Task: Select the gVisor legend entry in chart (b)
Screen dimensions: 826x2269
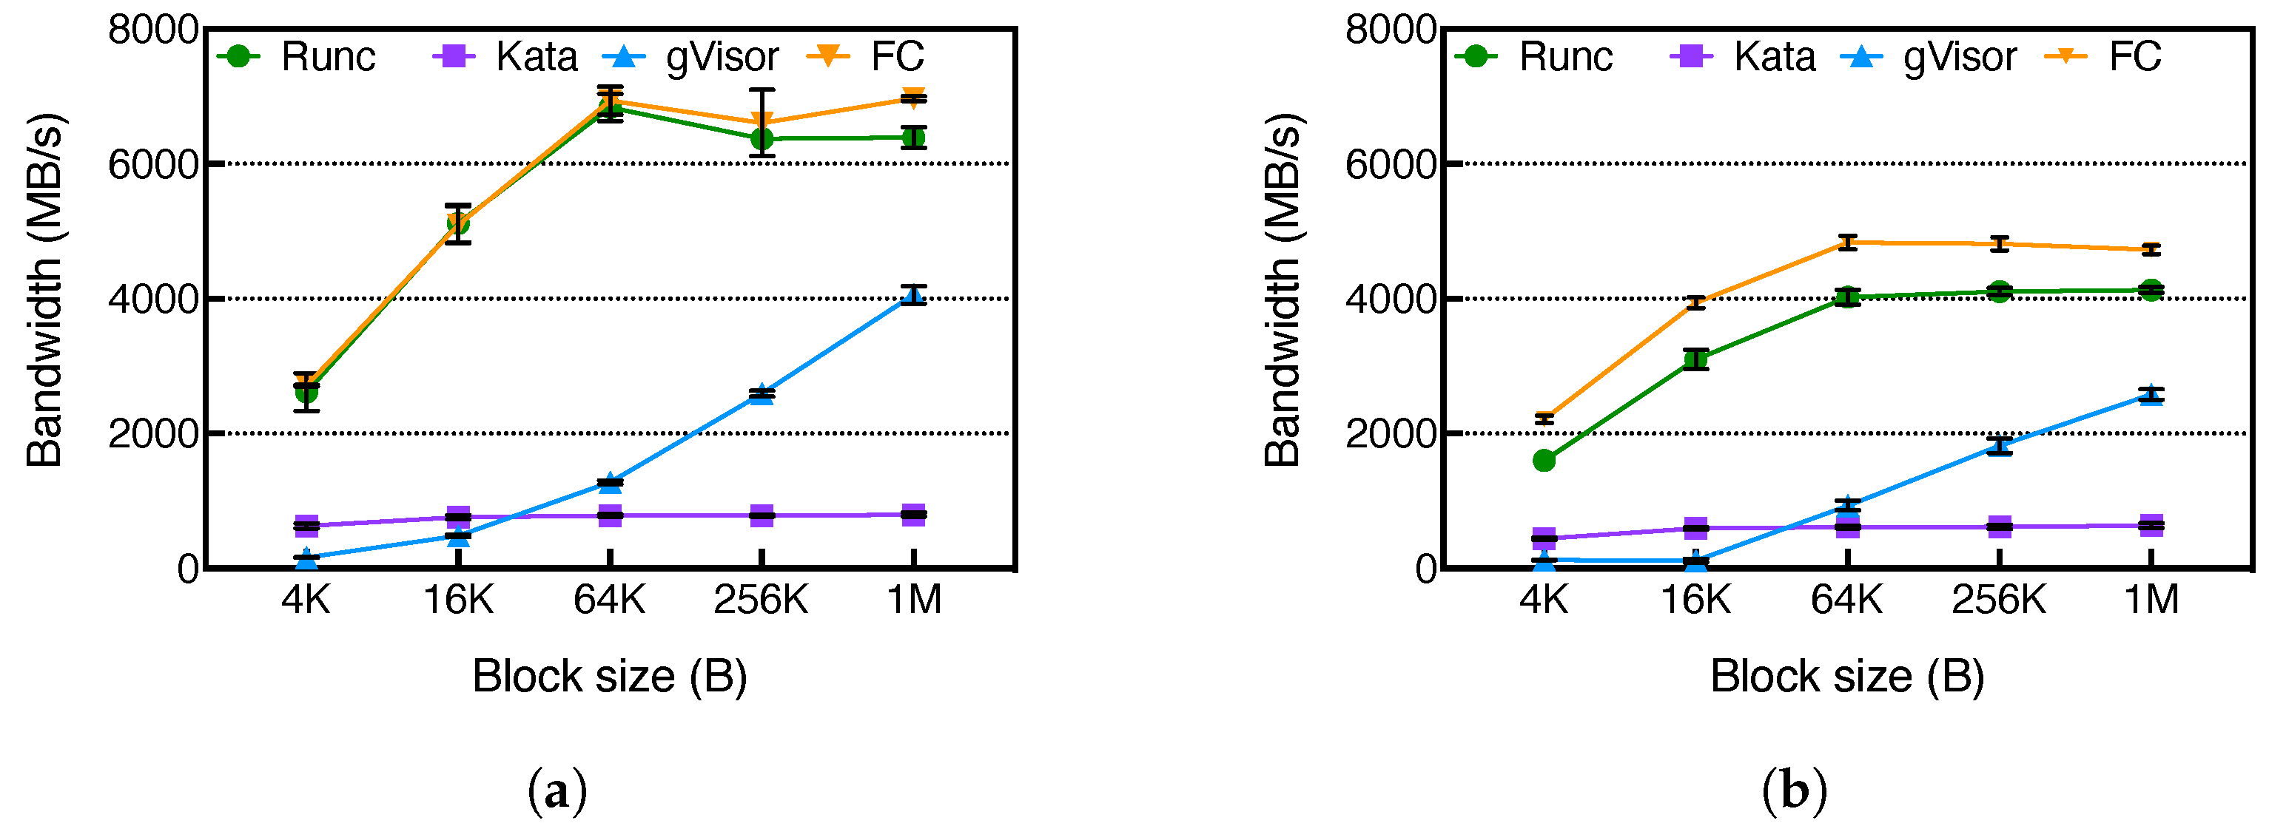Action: coord(1929,56)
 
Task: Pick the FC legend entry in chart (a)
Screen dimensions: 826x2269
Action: coord(867,56)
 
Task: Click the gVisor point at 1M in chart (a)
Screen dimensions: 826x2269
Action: coord(913,295)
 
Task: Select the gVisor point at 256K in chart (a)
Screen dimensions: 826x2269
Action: coord(762,393)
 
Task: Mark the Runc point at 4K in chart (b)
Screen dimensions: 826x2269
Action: coord(1543,461)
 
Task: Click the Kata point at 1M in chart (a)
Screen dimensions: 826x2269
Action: coord(913,514)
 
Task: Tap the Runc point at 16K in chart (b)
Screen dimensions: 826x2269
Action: coord(1695,359)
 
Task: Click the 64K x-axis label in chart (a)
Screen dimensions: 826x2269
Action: coord(610,600)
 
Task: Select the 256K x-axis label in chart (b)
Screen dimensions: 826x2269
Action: coord(1999,600)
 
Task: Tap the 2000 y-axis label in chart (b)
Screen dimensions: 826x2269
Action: coord(1390,434)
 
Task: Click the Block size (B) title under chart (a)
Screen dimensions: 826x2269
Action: coord(610,677)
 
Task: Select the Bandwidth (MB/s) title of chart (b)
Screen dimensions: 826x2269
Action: coord(1283,291)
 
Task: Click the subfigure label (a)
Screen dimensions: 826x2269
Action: coord(557,791)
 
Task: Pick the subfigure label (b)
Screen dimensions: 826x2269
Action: coord(1794,791)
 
